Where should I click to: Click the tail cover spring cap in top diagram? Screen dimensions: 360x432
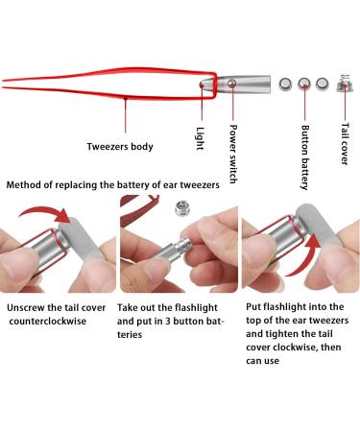point(343,84)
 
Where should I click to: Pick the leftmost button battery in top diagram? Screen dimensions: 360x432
point(285,84)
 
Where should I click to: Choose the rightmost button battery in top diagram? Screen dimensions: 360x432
point(324,84)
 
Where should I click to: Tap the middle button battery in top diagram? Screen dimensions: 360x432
point(304,84)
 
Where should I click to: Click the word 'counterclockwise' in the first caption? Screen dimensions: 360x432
point(51,323)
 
